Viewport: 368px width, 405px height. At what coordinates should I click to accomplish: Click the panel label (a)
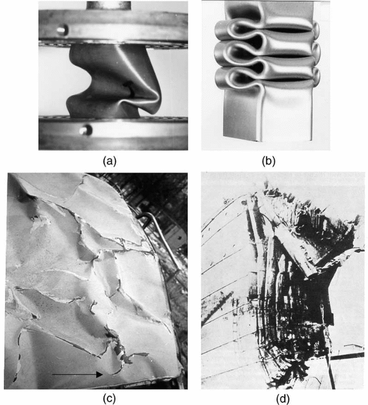(x=110, y=161)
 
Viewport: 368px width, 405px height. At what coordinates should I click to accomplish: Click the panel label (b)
(x=269, y=161)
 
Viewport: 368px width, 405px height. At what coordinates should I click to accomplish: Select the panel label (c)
(x=109, y=398)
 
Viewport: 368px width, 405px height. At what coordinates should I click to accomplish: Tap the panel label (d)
(x=283, y=398)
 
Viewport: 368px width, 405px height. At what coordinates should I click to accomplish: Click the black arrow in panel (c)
(x=78, y=374)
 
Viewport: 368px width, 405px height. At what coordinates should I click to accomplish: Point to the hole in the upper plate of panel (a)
(x=62, y=29)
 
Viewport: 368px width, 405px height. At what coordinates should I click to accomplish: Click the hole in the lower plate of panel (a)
(x=86, y=130)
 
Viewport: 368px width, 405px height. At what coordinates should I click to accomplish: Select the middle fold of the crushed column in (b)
(x=266, y=52)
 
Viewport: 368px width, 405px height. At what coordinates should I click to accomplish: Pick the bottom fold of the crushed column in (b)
(x=266, y=75)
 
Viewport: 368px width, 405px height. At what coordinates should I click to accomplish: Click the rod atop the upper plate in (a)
(x=109, y=5)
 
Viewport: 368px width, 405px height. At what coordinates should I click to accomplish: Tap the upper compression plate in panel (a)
(x=113, y=28)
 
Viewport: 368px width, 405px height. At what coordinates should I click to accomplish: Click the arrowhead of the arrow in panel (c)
(x=99, y=374)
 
